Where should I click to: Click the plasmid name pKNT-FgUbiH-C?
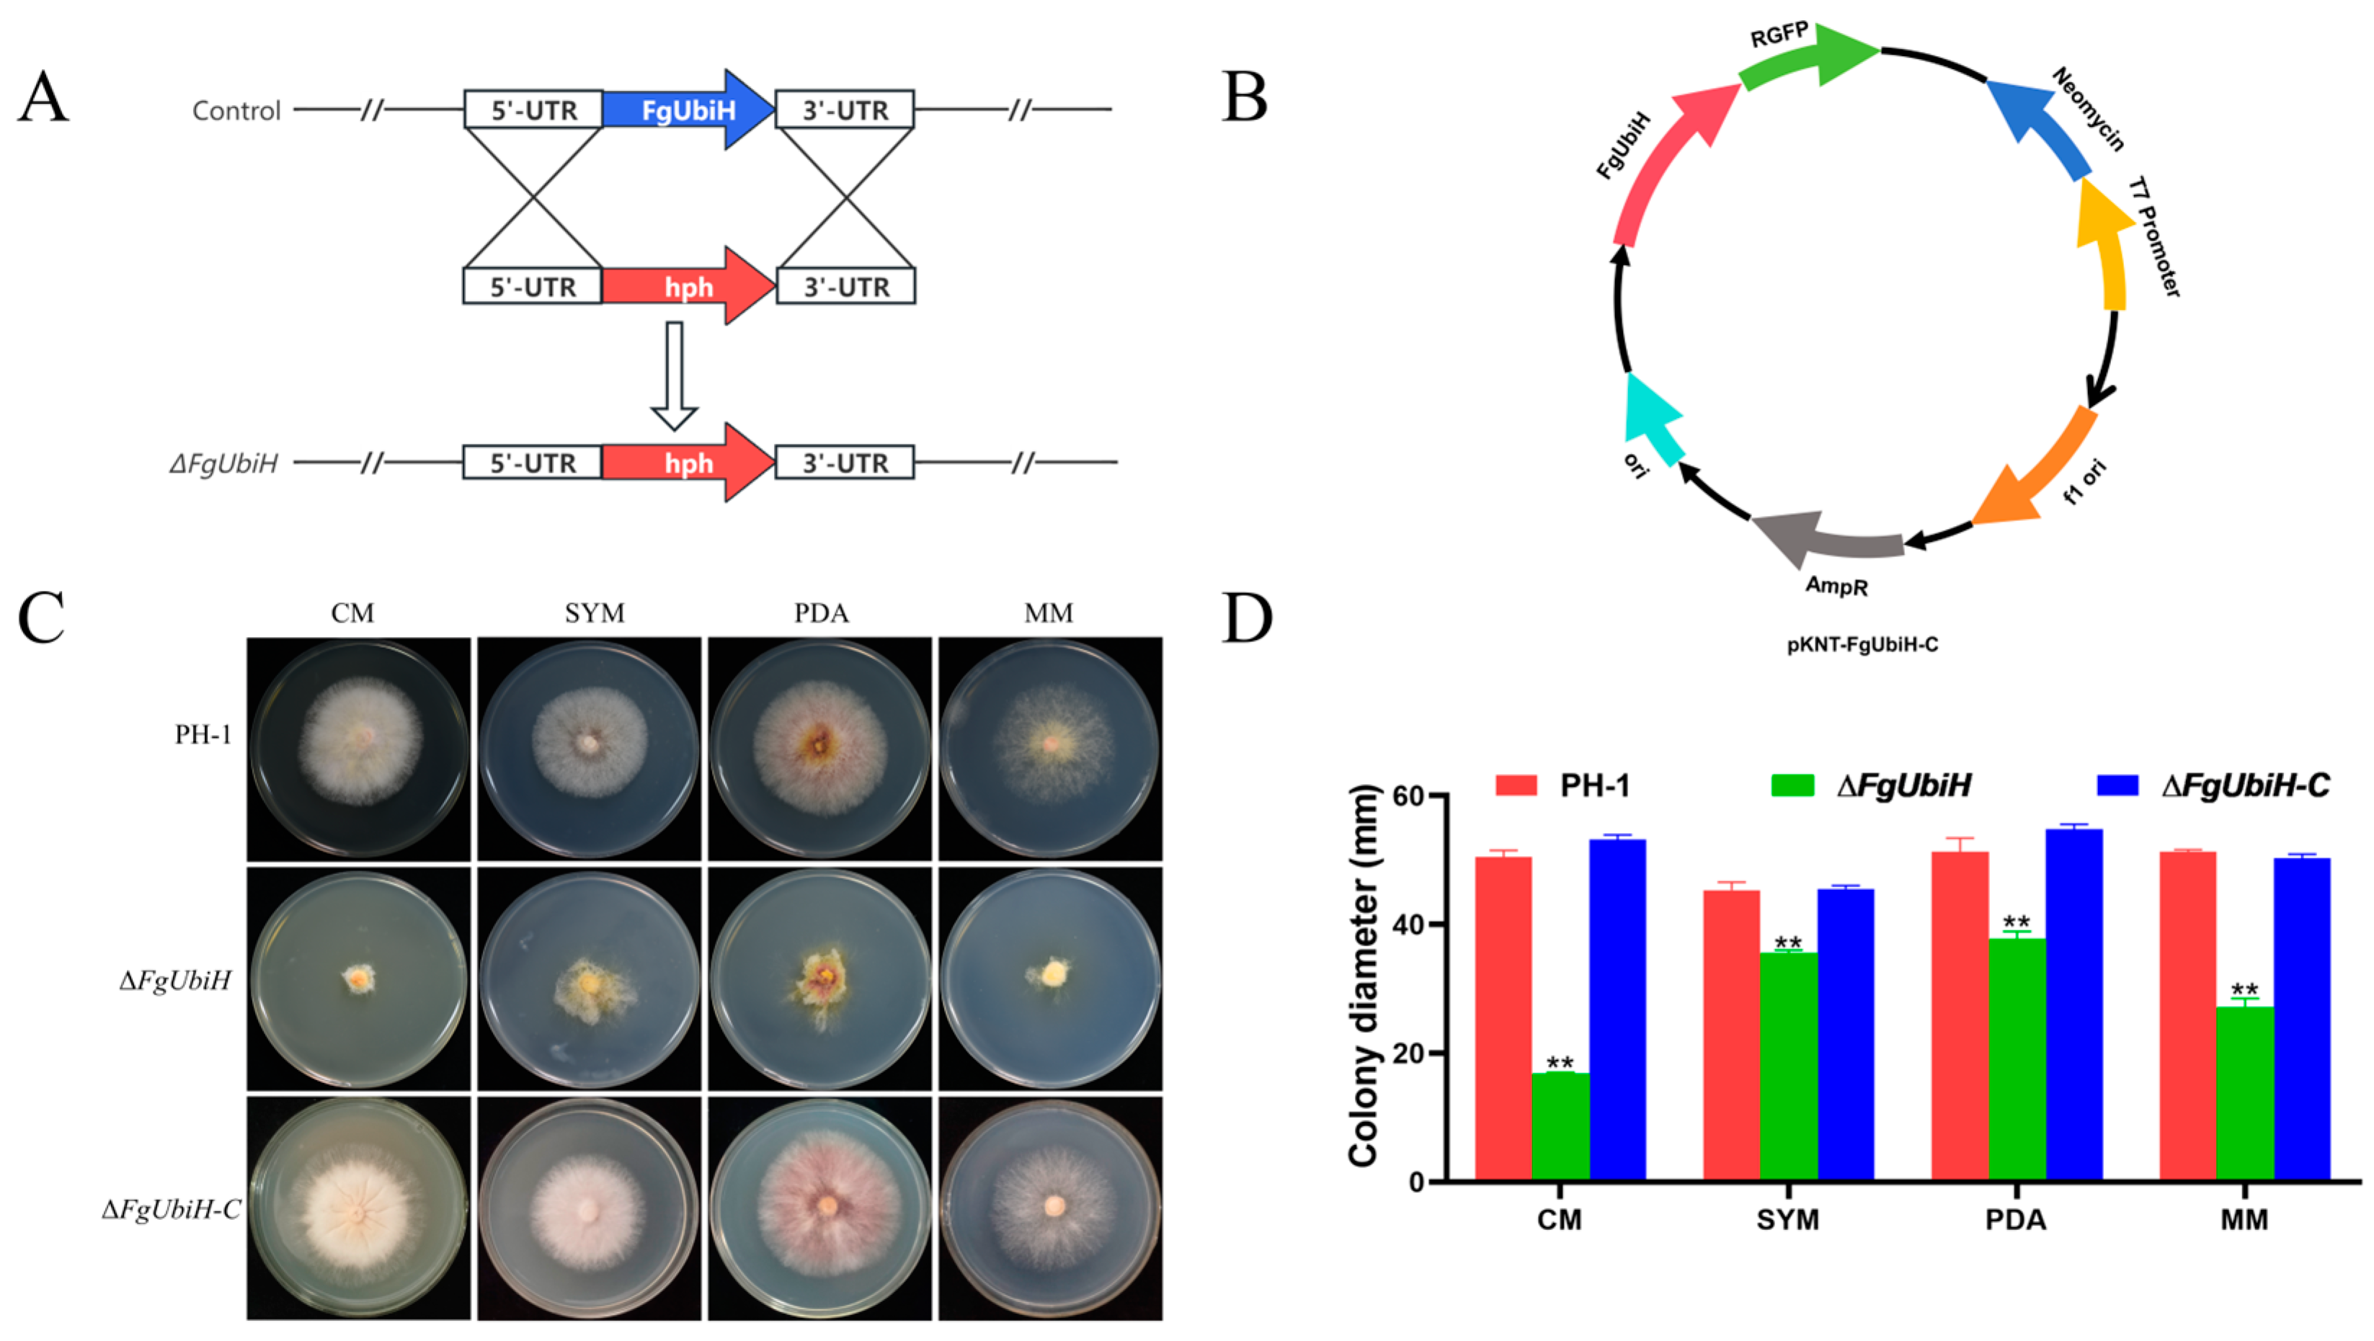(x=1862, y=645)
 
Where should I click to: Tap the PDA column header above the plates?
(x=820, y=613)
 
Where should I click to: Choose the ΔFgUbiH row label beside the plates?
(x=175, y=980)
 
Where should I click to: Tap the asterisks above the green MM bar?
(x=2244, y=992)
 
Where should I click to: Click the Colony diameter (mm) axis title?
(x=1364, y=977)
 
